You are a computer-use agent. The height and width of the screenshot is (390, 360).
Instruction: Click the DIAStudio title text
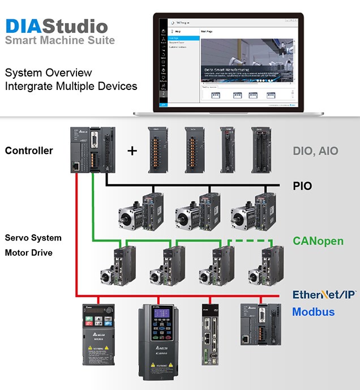56,25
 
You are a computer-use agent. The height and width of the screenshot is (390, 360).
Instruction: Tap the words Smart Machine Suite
59,40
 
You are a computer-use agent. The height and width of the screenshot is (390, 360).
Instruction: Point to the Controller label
29,151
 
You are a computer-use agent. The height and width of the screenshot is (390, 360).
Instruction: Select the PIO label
302,185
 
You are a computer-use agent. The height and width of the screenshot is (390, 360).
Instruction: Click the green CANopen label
318,241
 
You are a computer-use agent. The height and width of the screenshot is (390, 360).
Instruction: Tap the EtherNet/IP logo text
324,295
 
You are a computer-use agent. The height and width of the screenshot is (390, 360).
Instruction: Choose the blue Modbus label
313,312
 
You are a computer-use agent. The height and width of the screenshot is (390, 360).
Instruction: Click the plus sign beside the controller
132,151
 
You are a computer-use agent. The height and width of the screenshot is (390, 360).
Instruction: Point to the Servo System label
33,238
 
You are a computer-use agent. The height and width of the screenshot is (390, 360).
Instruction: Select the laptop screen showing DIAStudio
229,62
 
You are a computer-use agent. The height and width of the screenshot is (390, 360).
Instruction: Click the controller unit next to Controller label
91,149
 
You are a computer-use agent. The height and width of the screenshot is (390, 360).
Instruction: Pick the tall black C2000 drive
158,342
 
